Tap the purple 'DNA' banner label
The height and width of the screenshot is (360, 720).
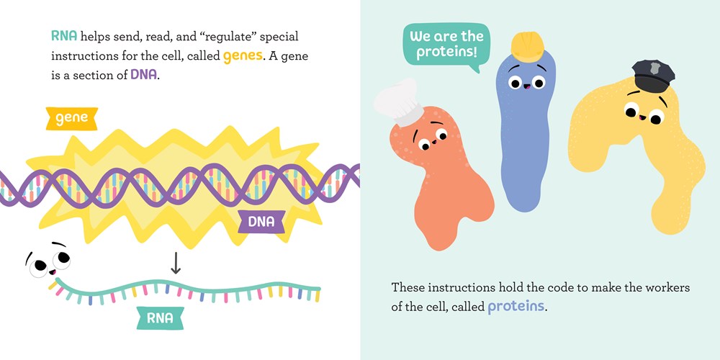pyautogui.click(x=261, y=222)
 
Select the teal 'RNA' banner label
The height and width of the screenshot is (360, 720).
pyautogui.click(x=160, y=317)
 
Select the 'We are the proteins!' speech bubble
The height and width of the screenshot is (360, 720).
pyautogui.click(x=443, y=45)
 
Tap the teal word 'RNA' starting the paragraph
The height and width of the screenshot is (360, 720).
pyautogui.click(x=63, y=37)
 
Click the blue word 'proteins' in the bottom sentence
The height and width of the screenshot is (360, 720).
pyautogui.click(x=516, y=307)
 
